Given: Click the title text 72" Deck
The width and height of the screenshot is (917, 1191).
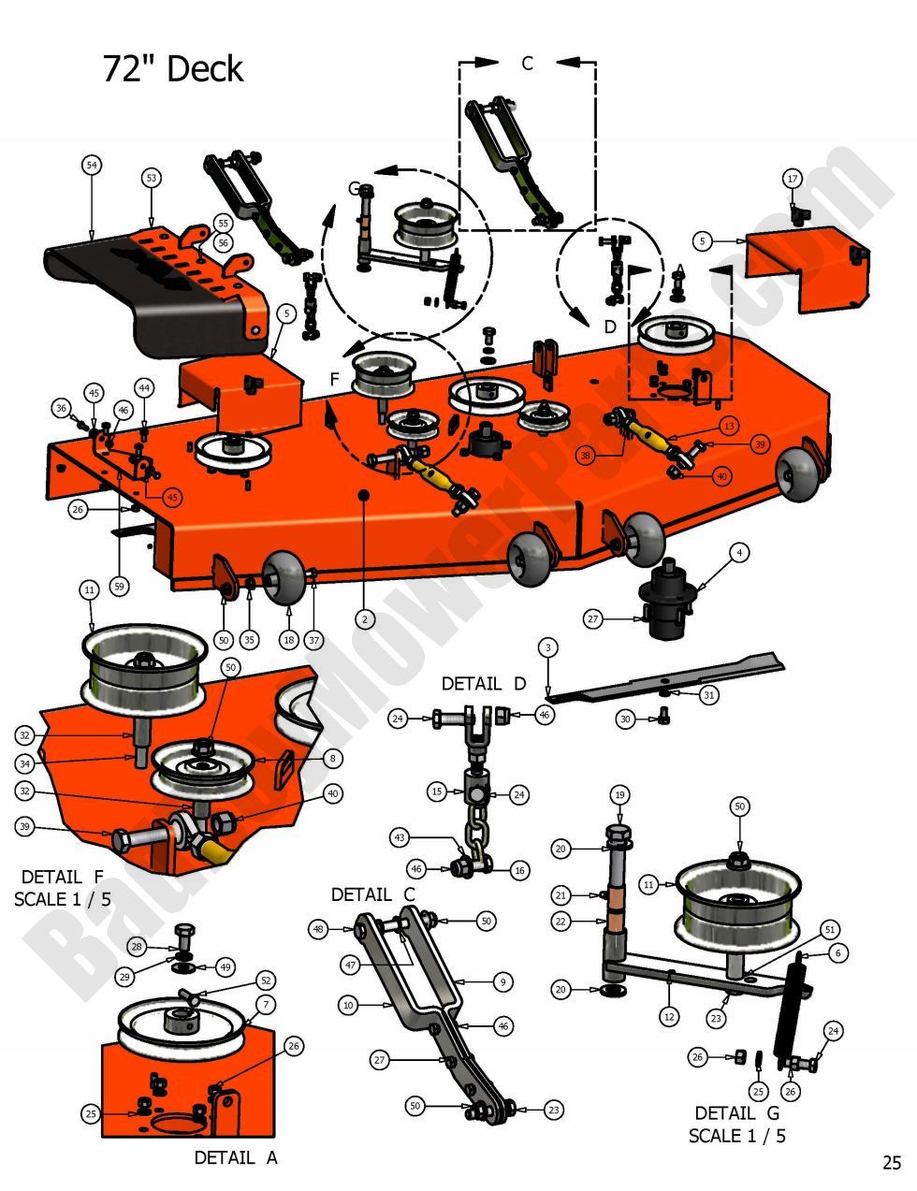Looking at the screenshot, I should click(173, 69).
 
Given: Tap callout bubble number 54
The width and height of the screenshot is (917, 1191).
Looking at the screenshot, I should click(91, 166).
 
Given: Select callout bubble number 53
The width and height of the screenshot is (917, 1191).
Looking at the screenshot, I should click(152, 178).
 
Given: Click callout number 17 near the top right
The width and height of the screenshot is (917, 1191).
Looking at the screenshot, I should click(793, 179).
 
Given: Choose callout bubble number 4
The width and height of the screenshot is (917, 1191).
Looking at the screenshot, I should click(739, 554).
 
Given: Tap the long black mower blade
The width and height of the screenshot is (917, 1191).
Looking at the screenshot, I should click(674, 675).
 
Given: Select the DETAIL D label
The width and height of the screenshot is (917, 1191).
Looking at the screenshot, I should click(484, 684).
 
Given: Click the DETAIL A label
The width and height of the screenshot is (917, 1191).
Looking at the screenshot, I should click(236, 1157).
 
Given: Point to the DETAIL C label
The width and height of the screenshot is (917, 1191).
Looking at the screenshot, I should click(372, 895).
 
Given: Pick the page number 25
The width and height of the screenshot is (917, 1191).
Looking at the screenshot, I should click(891, 1163).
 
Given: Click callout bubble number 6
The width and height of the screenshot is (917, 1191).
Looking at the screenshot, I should click(837, 952).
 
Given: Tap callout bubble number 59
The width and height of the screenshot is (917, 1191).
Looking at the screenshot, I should click(119, 587).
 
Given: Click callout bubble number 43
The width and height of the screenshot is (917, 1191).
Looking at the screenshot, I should click(400, 837).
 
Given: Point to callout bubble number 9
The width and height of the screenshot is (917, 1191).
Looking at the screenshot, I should click(502, 982).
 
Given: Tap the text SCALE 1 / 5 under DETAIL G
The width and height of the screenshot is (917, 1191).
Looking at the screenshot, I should click(737, 1136).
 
